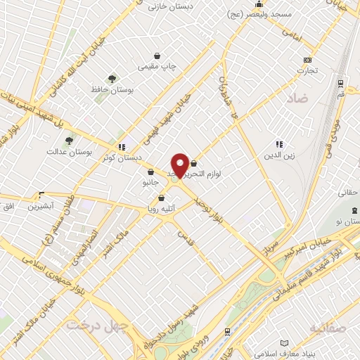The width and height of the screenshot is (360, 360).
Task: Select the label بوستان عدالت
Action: pyautogui.click(x=65, y=151)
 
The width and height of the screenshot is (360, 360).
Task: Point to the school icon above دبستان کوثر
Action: pyautogui.click(x=122, y=147)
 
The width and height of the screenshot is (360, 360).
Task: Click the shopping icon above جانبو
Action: pyautogui.click(x=150, y=172)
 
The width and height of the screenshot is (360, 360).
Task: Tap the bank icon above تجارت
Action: pyautogui.click(x=307, y=60)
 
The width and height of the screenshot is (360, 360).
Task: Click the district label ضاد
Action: pyautogui.click(x=296, y=99)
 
